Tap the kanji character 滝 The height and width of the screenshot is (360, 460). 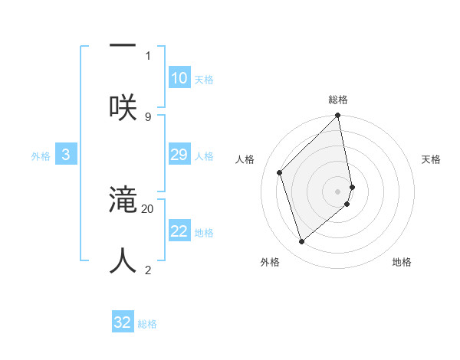tap(123, 201)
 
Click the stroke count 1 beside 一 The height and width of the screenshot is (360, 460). tap(148, 55)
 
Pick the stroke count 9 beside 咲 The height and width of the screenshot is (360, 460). tap(148, 116)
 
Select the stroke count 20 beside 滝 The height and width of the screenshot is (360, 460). tap(148, 208)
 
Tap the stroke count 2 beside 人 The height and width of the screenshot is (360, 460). tap(148, 270)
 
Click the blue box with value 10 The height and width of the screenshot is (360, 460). tap(179, 78)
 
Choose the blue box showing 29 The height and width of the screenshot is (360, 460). tap(179, 155)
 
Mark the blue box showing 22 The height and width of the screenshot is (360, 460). tap(179, 231)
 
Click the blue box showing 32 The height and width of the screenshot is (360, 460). tap(123, 322)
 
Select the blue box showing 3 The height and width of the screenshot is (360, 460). tap(66, 155)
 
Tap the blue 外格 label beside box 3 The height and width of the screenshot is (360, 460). tap(41, 156)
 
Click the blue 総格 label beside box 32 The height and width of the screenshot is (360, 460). tap(147, 324)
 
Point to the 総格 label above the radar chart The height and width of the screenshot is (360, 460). tap(338, 100)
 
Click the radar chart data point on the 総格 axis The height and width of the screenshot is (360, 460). tap(338, 116)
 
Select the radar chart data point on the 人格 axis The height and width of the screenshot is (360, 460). tap(280, 172)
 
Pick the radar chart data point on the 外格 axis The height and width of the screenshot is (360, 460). tap(302, 241)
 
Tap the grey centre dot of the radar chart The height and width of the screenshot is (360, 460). tap(338, 191)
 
